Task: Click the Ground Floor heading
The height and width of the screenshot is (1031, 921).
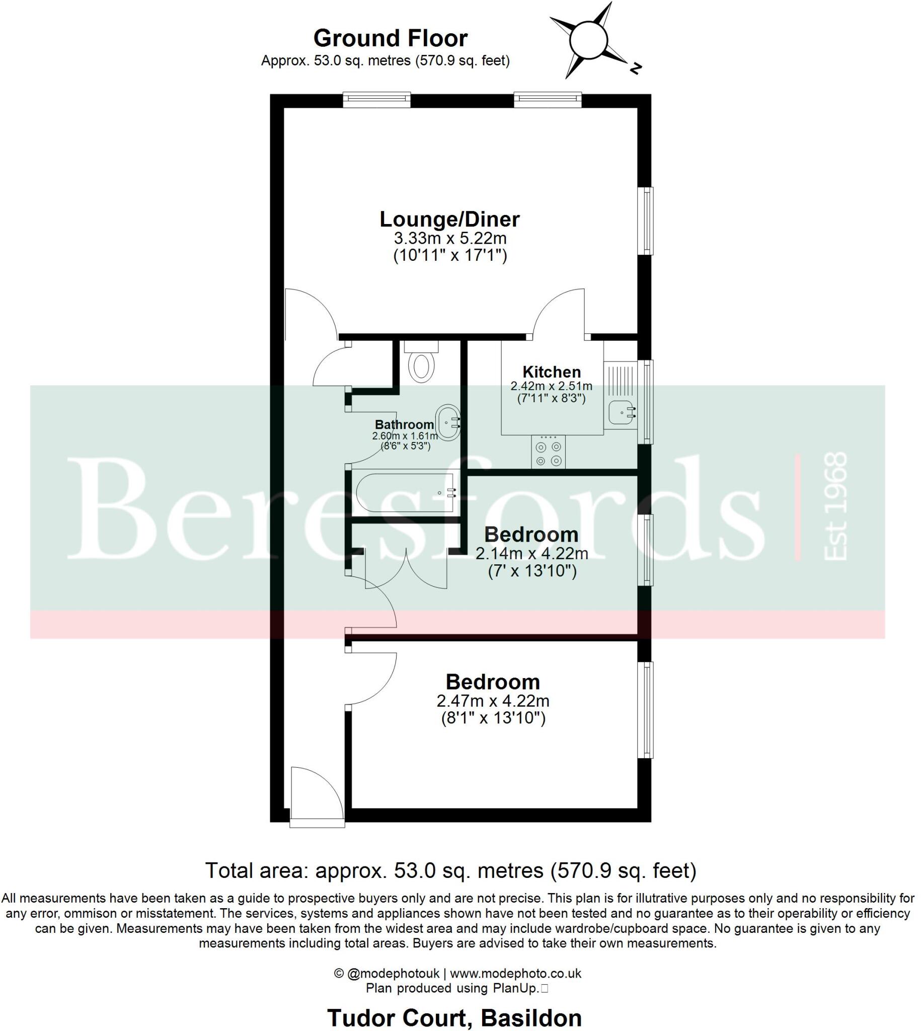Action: [x=390, y=38]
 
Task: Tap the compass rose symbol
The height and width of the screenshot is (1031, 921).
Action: [x=588, y=40]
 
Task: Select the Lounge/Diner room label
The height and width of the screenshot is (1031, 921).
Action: [x=449, y=219]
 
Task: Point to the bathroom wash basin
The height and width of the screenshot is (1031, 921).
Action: [x=448, y=421]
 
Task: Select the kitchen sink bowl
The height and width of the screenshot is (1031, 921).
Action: [x=621, y=411]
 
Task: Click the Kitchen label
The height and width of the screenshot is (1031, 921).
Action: [x=551, y=372]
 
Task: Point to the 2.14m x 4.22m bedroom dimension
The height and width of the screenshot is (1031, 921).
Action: [x=531, y=554]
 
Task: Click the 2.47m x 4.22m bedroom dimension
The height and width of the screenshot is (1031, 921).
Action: [x=492, y=701]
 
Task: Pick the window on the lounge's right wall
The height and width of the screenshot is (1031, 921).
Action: [x=646, y=220]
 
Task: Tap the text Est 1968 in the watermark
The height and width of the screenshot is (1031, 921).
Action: [x=835, y=506]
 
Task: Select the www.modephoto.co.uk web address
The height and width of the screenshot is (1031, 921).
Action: [x=515, y=973]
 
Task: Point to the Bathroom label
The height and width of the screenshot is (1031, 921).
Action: [x=404, y=424]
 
